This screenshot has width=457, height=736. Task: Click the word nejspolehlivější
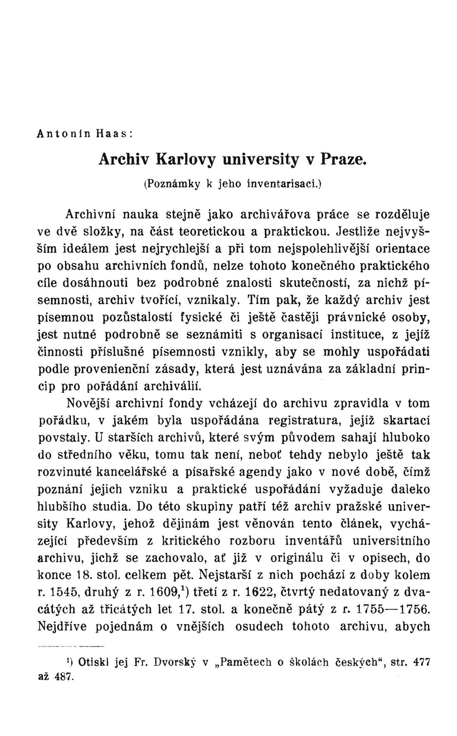[x=328, y=249]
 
